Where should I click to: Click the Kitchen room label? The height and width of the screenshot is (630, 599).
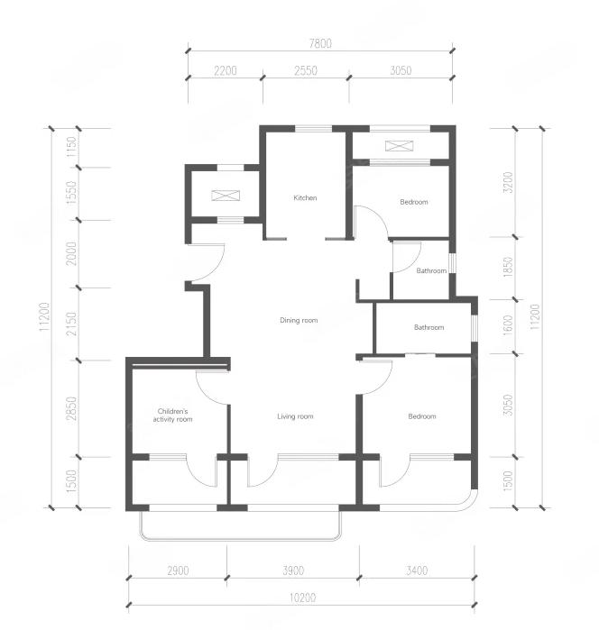pos(305,197)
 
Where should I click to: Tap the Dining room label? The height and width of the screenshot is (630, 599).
pos(299,320)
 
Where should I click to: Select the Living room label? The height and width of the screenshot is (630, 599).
pos(295,416)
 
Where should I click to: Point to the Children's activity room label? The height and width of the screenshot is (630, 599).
pos(172,415)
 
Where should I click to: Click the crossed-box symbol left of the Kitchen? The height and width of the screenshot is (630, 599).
pos(226,196)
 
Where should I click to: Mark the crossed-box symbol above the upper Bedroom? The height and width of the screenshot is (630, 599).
pos(399,146)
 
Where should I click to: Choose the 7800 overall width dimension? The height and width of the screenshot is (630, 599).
pos(320,43)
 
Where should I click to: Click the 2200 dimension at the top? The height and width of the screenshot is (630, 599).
pos(226,70)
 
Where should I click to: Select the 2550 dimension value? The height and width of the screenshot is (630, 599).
pos(306,70)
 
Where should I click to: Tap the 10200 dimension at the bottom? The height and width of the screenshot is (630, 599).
pos(302,598)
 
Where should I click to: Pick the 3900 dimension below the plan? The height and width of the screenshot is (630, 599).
pos(293,571)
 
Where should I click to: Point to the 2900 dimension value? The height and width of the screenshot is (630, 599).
pos(178,571)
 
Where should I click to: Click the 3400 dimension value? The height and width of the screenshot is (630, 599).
pos(417,571)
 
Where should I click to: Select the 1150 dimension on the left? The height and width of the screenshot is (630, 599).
pos(71,148)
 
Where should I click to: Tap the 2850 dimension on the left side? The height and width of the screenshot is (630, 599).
pos(71,408)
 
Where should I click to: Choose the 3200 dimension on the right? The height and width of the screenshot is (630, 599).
pos(509,182)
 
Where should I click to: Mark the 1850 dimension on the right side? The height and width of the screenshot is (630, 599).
pos(509,267)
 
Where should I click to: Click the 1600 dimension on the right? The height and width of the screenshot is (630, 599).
pos(509,325)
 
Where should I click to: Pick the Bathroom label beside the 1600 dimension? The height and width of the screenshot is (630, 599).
pos(429,327)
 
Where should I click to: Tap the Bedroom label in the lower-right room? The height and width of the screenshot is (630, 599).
pos(422,416)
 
